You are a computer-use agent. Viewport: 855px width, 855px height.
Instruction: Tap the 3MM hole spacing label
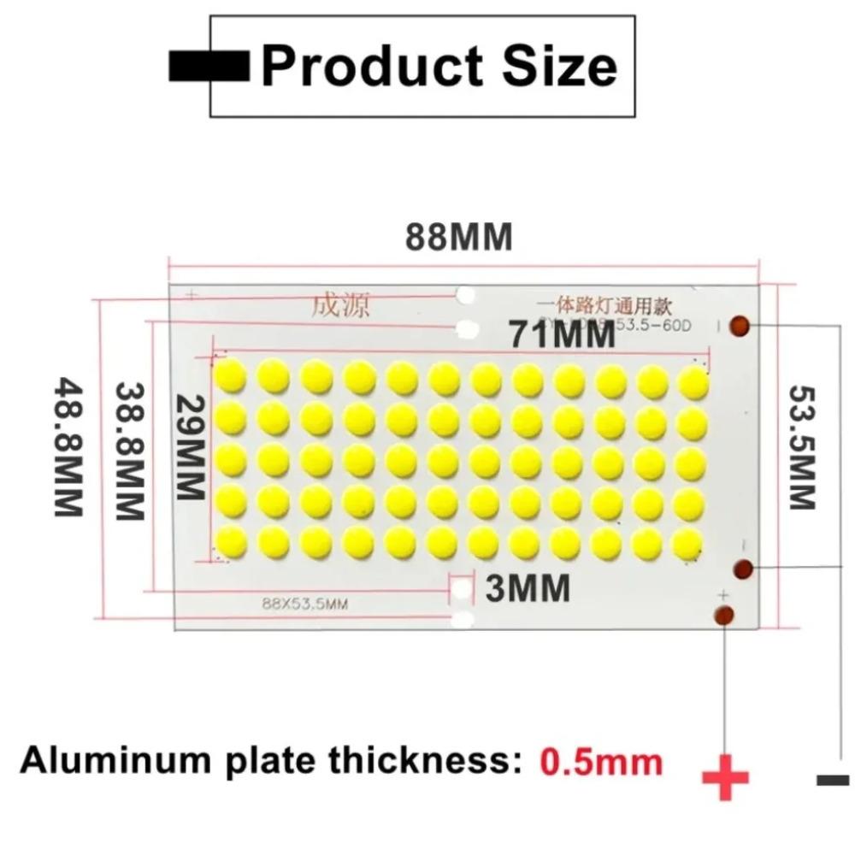point(528,588)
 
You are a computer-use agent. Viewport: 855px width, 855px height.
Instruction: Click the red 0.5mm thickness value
point(601,761)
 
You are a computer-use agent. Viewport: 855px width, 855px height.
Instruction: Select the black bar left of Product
point(209,67)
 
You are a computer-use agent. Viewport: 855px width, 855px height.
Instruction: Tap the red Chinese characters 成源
point(340,305)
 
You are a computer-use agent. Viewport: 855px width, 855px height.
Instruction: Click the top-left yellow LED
point(231,376)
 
